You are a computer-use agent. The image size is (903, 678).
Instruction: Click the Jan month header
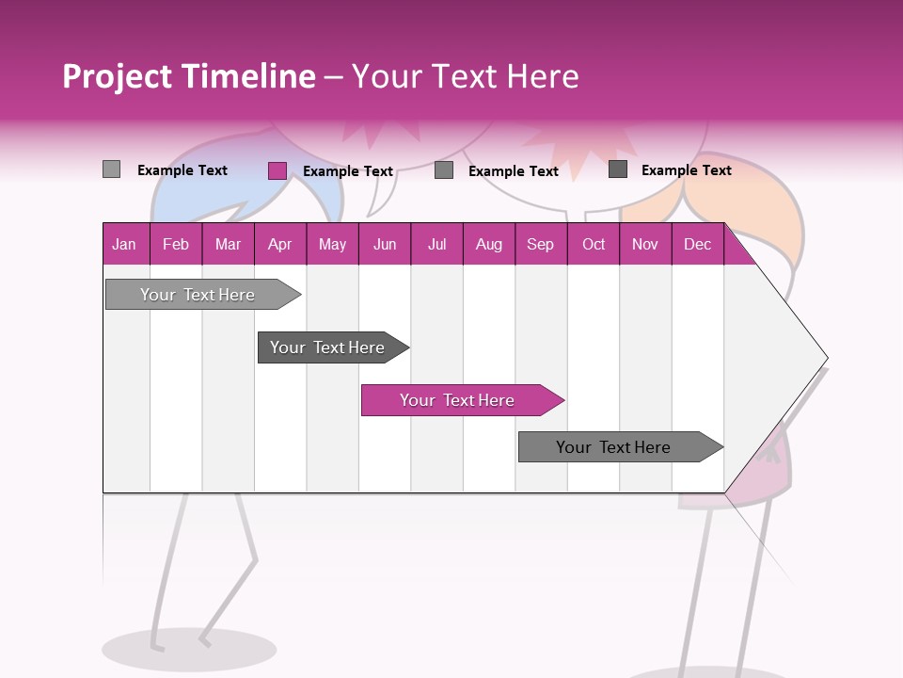tap(124, 244)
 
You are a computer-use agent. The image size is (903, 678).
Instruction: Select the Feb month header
tap(176, 244)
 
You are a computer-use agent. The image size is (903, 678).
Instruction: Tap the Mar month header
tap(228, 244)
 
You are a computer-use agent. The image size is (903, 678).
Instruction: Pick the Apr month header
tap(279, 244)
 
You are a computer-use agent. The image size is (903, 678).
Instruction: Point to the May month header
tap(332, 244)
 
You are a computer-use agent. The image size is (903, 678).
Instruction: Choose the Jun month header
tap(385, 244)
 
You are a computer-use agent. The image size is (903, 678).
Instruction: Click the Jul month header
tap(436, 244)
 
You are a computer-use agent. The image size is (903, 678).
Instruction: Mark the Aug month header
tap(488, 244)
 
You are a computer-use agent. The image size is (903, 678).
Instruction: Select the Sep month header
tap(540, 244)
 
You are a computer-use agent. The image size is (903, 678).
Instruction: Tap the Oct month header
tap(593, 244)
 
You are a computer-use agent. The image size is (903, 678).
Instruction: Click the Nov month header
tap(644, 244)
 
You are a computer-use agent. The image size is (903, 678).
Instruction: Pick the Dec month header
tap(697, 244)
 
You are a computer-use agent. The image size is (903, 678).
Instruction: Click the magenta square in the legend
tap(277, 170)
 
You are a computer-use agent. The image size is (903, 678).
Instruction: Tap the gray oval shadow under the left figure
tap(189, 649)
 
